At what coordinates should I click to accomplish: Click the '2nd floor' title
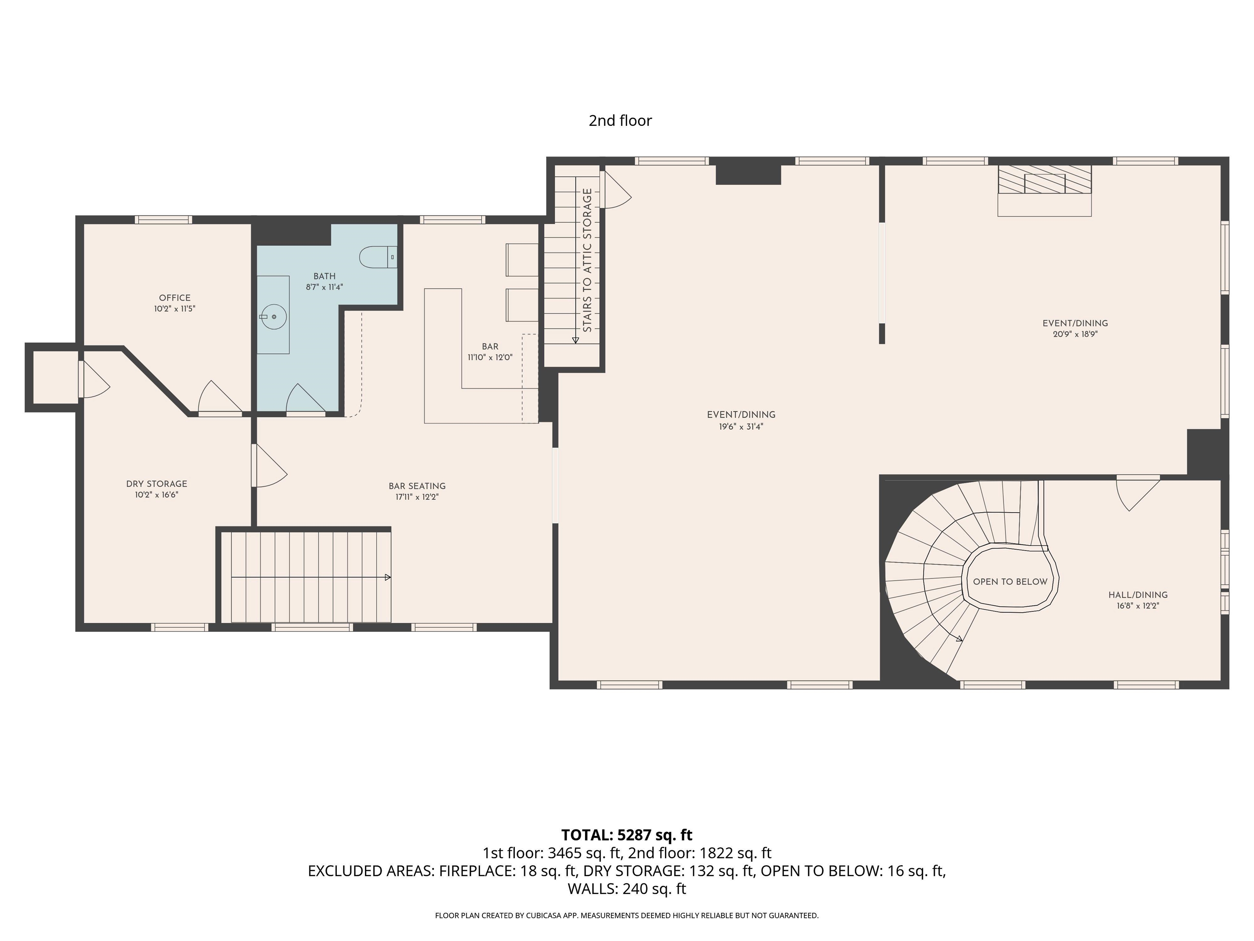[x=620, y=120]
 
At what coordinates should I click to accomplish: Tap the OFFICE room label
[x=175, y=298]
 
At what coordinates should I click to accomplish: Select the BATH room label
[x=324, y=276]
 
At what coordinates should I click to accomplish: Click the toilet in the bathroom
[x=378, y=257]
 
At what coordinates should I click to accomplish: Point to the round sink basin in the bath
[x=274, y=317]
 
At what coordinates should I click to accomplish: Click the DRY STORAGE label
[x=156, y=484]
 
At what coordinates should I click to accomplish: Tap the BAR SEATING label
[x=417, y=486]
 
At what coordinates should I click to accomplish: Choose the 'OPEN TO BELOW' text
[x=1010, y=582]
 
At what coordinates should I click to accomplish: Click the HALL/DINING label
[x=1138, y=595]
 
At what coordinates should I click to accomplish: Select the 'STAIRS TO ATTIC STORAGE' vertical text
[x=587, y=260]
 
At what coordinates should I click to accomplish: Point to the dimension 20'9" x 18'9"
[x=1075, y=334]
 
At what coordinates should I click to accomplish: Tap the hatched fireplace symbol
[x=1045, y=179]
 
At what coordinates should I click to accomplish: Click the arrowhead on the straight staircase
[x=388, y=578]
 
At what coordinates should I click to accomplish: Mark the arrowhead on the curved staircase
[x=959, y=639]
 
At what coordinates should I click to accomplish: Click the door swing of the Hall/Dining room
[x=1137, y=495]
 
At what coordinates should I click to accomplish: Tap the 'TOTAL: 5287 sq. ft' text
[x=627, y=835]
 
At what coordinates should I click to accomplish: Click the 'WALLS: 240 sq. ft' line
[x=627, y=889]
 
